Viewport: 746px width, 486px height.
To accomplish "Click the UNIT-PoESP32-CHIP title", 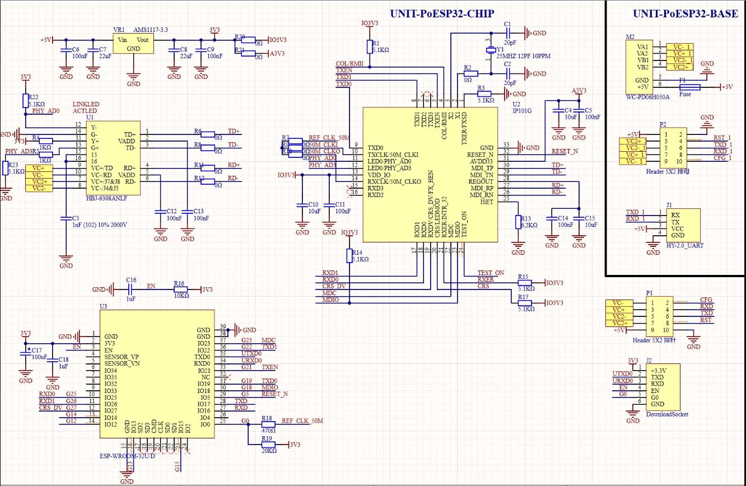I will coord(442,13).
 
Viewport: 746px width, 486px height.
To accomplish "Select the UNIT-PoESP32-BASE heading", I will coord(685,14).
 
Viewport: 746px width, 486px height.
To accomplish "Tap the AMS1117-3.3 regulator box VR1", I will coord(134,44).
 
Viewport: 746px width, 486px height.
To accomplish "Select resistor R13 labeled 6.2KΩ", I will coord(517,222).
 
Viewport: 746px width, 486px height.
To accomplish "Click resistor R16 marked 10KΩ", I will coord(180,289).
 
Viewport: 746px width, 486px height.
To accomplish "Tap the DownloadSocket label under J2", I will coord(666,414).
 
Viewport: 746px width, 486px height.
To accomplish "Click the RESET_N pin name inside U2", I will coord(481,154).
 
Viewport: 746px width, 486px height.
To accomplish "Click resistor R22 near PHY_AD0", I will coord(25,101).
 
